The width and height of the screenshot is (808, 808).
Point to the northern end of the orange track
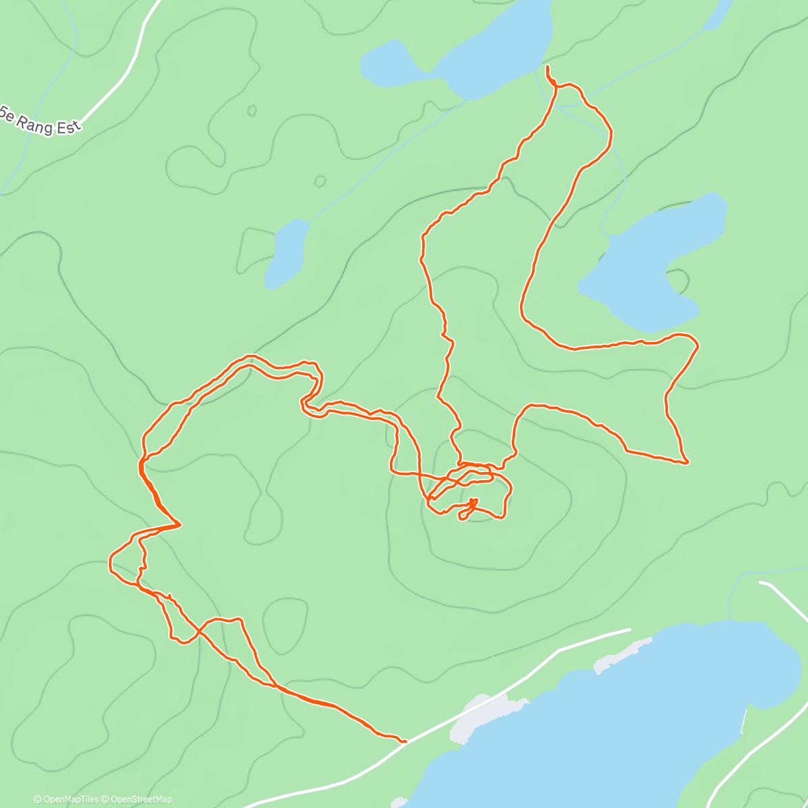click(x=547, y=67)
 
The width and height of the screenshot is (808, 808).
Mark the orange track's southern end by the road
click(x=405, y=741)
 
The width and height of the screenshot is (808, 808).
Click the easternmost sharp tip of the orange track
click(x=686, y=463)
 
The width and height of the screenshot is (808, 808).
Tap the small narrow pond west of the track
click(x=287, y=252)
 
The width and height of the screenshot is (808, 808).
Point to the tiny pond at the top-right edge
click(x=719, y=13)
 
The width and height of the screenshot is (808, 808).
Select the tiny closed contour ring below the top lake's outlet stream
click(x=321, y=181)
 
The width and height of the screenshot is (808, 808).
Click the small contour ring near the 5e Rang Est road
click(x=252, y=110)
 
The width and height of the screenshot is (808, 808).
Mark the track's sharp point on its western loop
click(x=180, y=523)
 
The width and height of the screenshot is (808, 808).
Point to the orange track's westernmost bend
click(x=110, y=564)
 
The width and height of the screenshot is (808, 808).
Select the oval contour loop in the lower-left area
click(x=285, y=626)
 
